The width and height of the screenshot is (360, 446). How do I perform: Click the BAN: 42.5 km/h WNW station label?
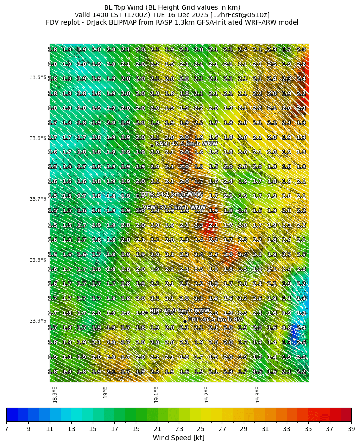pos(186,144)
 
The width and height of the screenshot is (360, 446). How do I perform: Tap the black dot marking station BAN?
pos(152,146)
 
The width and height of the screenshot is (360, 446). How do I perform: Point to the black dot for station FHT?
pos(185,321)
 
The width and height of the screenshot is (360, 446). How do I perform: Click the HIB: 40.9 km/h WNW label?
pos(179,311)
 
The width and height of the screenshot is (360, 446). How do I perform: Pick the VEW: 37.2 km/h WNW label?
pos(174,208)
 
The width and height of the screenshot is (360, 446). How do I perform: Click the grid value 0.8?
pos(287,328)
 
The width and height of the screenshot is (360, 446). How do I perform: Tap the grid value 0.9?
pos(287,313)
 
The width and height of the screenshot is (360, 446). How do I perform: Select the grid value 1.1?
pos(287,299)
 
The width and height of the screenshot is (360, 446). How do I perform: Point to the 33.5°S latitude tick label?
pos(38,77)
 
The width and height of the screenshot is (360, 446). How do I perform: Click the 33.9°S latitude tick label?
pos(38,321)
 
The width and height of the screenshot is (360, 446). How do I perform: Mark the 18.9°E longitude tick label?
pos(55,395)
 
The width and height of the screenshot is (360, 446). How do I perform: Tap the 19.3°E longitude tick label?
pos(258,395)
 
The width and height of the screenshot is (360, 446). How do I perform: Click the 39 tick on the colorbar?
pos(351,429)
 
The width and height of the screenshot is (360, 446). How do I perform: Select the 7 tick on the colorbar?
pos(6,429)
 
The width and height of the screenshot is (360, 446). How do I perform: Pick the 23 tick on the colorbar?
pos(179,429)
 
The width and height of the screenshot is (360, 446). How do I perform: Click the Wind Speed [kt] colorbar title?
pos(179,438)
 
